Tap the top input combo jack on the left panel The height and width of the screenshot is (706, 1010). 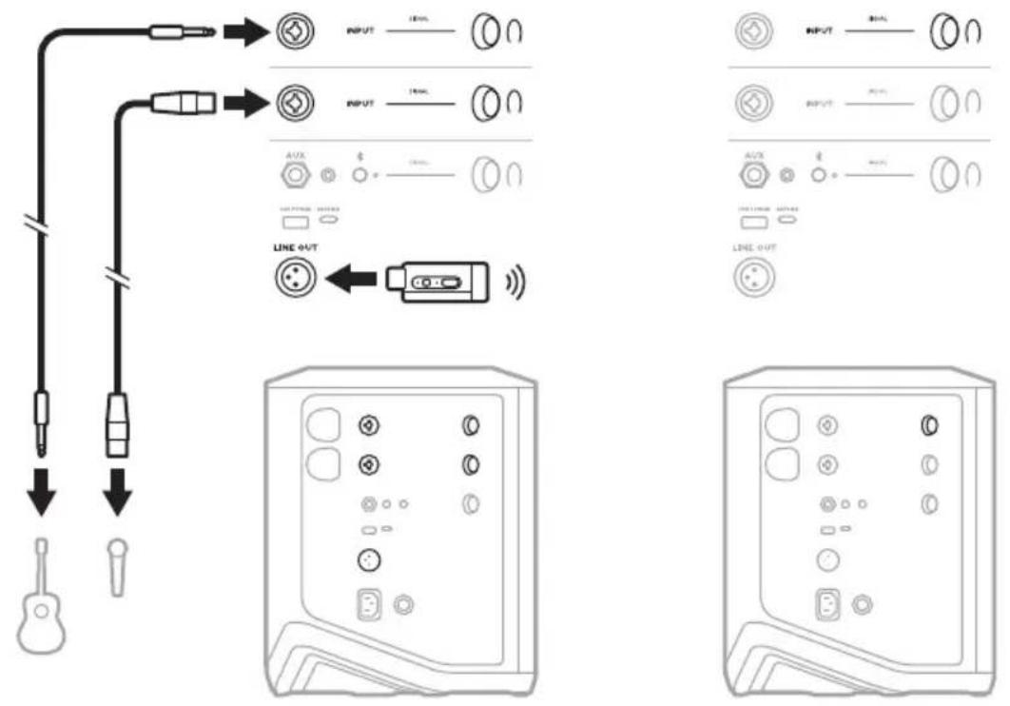coord(289,34)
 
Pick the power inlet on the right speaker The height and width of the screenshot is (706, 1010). coord(828,607)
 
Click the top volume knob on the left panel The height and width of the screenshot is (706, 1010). coord(482,34)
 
